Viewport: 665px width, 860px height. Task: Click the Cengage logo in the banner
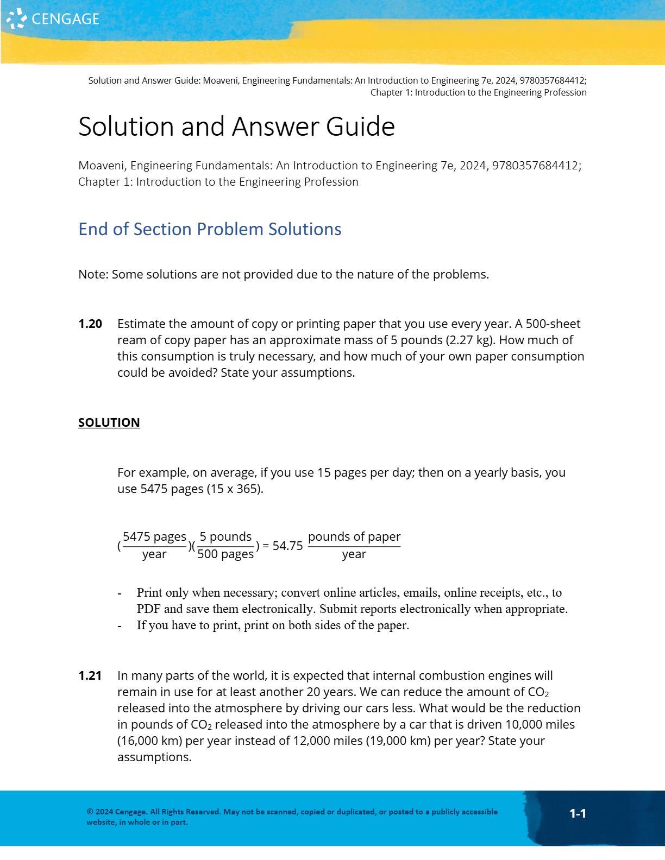[53, 19]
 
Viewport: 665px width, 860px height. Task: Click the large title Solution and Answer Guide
[236, 127]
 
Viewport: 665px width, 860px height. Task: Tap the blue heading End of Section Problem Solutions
[210, 229]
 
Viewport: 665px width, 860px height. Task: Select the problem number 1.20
[90, 324]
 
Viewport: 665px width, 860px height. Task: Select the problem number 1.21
[90, 676]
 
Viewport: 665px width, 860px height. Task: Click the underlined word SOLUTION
[109, 422]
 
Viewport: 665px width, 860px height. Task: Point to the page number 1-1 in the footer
[578, 813]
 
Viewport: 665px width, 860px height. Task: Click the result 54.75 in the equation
[287, 546]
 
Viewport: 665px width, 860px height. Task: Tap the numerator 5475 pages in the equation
[154, 537]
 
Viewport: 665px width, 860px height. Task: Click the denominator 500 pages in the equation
[225, 554]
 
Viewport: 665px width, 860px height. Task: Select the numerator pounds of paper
[354, 537]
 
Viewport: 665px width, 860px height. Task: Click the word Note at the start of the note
[92, 275]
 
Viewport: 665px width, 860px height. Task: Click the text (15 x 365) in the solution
[235, 489]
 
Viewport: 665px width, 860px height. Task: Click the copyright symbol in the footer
[90, 812]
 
